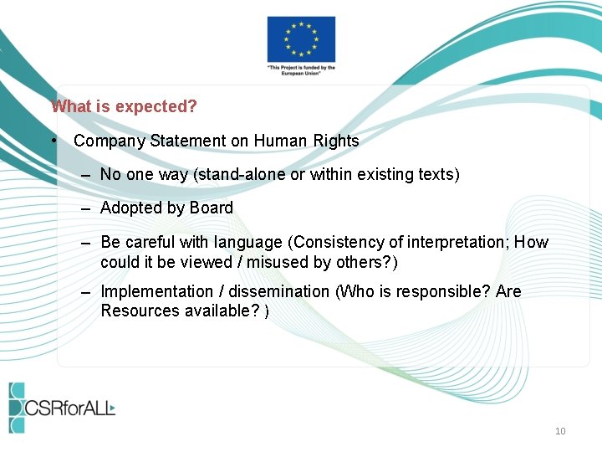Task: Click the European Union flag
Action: click(301, 39)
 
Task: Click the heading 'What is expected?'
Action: click(124, 107)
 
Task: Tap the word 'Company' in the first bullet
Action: click(110, 141)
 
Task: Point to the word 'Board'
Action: click(212, 208)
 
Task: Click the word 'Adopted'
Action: click(129, 208)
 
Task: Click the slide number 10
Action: click(560, 431)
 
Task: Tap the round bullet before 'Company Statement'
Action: click(53, 141)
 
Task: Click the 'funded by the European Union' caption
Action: click(301, 70)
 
